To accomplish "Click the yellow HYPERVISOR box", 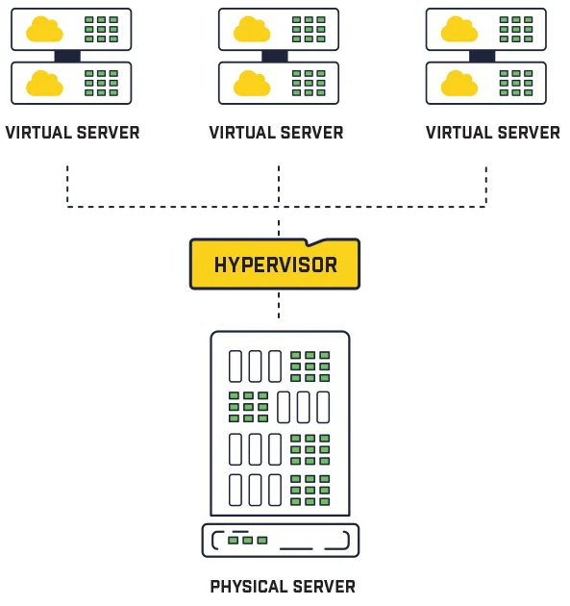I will coord(275,265).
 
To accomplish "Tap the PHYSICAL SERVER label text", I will coord(283,586).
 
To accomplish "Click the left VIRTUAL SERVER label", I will coord(72,133).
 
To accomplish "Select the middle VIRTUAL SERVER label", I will coord(276,133).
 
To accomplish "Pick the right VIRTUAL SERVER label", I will coord(492,133).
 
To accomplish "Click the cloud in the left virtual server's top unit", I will coord(44,30).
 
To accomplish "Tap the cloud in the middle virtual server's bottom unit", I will coord(252,84).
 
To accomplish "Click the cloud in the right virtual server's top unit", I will coord(459,30).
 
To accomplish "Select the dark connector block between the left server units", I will coord(67,57).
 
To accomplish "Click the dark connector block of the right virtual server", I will coord(483,57).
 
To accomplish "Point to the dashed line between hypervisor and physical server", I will coord(279,305).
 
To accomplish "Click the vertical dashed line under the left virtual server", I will coord(67,185).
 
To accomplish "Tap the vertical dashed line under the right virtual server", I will coord(486,185).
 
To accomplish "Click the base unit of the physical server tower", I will coord(280,541).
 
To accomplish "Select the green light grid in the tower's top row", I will coord(310,366).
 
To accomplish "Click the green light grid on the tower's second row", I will coord(248,407).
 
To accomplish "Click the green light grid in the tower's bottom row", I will coord(310,490).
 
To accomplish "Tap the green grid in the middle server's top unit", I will coord(309,30).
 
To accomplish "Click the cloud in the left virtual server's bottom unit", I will coord(44,84).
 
